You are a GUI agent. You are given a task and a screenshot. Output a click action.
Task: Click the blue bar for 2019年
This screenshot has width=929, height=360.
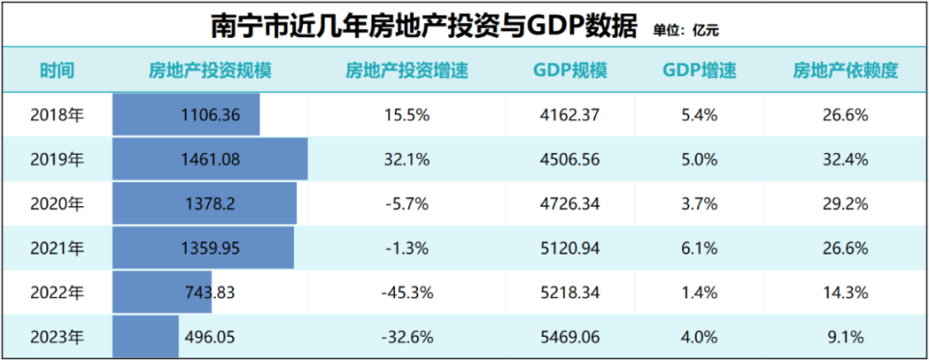[210, 159]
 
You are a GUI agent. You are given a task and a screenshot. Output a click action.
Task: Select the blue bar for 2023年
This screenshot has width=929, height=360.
[145, 337]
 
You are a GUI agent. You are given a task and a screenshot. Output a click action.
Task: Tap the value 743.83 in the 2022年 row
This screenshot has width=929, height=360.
[210, 292]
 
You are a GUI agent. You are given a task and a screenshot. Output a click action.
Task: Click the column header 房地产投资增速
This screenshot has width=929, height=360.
[407, 71]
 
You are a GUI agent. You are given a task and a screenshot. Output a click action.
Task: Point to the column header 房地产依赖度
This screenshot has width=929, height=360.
[846, 71]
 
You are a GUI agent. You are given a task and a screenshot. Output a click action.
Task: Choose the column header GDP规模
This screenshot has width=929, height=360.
[570, 71]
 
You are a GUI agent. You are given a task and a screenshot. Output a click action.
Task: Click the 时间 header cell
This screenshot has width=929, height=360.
[57, 71]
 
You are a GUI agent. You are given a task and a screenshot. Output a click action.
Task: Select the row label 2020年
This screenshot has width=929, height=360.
[57, 203]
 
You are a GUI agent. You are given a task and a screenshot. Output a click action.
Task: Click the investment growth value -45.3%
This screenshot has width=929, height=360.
[407, 292]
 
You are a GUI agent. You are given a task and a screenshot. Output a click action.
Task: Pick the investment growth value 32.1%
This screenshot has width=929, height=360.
[407, 160]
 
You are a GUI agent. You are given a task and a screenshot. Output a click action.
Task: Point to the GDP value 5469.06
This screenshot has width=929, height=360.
[570, 337]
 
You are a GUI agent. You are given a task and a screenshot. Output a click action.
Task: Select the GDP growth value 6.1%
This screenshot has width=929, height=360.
[699, 248]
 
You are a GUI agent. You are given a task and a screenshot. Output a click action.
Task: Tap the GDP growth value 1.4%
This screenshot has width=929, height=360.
[699, 292]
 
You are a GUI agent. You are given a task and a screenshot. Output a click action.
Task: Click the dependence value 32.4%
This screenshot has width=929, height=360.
[846, 160]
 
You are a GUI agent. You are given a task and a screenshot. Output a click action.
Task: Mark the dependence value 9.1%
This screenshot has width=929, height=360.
[846, 337]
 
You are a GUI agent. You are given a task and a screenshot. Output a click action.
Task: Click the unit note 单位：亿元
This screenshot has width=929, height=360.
[686, 31]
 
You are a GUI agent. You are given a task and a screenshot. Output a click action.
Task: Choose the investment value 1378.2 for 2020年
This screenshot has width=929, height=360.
[210, 203]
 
